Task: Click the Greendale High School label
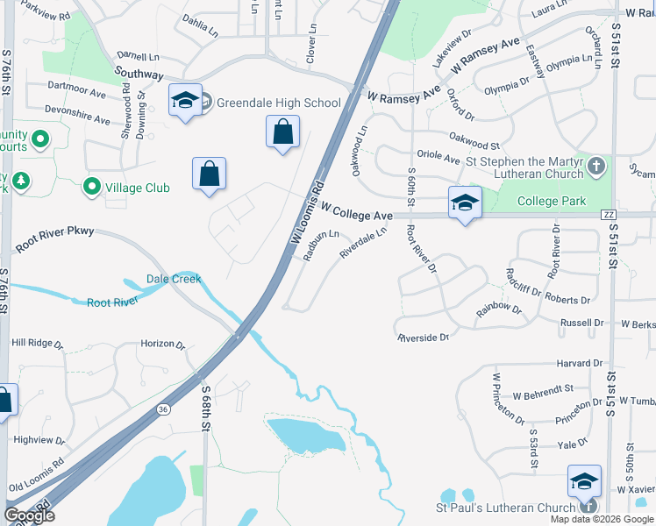[x=278, y=103]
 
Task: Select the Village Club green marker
[x=92, y=187]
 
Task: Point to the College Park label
[x=551, y=201]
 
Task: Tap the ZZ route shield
[x=608, y=215]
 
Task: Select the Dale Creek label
[x=174, y=279]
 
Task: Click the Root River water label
[x=112, y=302]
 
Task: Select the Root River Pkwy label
[x=54, y=239]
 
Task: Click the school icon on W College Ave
[x=465, y=203]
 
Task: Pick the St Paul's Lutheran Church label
[x=506, y=508]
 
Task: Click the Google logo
[x=29, y=515]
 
